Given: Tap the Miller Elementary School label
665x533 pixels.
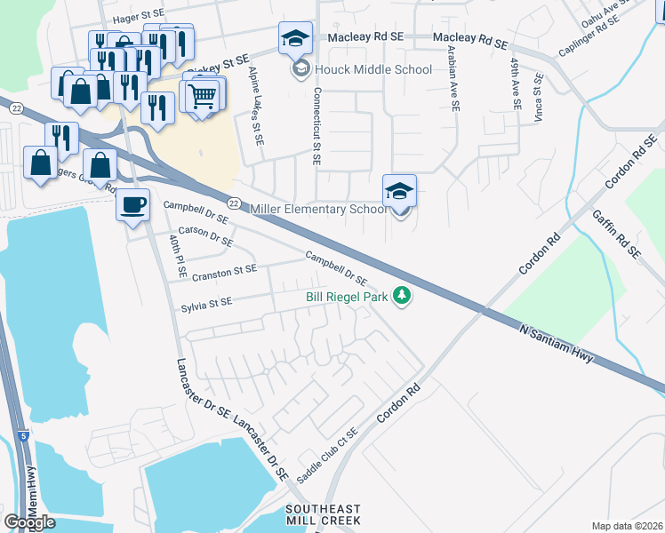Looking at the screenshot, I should tap(318, 209).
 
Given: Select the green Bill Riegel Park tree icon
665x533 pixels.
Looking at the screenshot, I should tap(403, 296).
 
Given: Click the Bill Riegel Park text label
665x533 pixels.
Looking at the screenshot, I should tap(347, 297).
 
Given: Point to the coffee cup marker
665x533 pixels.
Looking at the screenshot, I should tap(133, 205).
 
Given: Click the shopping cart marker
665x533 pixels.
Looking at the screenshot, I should tap(204, 94).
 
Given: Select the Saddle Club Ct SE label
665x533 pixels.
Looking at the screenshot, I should tap(326, 455).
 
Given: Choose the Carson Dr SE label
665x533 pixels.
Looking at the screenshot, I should tap(205, 235).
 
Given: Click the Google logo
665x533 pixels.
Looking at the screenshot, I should tap(29, 521).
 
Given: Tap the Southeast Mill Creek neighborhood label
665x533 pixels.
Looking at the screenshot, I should tap(322, 513).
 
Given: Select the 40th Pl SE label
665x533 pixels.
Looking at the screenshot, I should tap(176, 252).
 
